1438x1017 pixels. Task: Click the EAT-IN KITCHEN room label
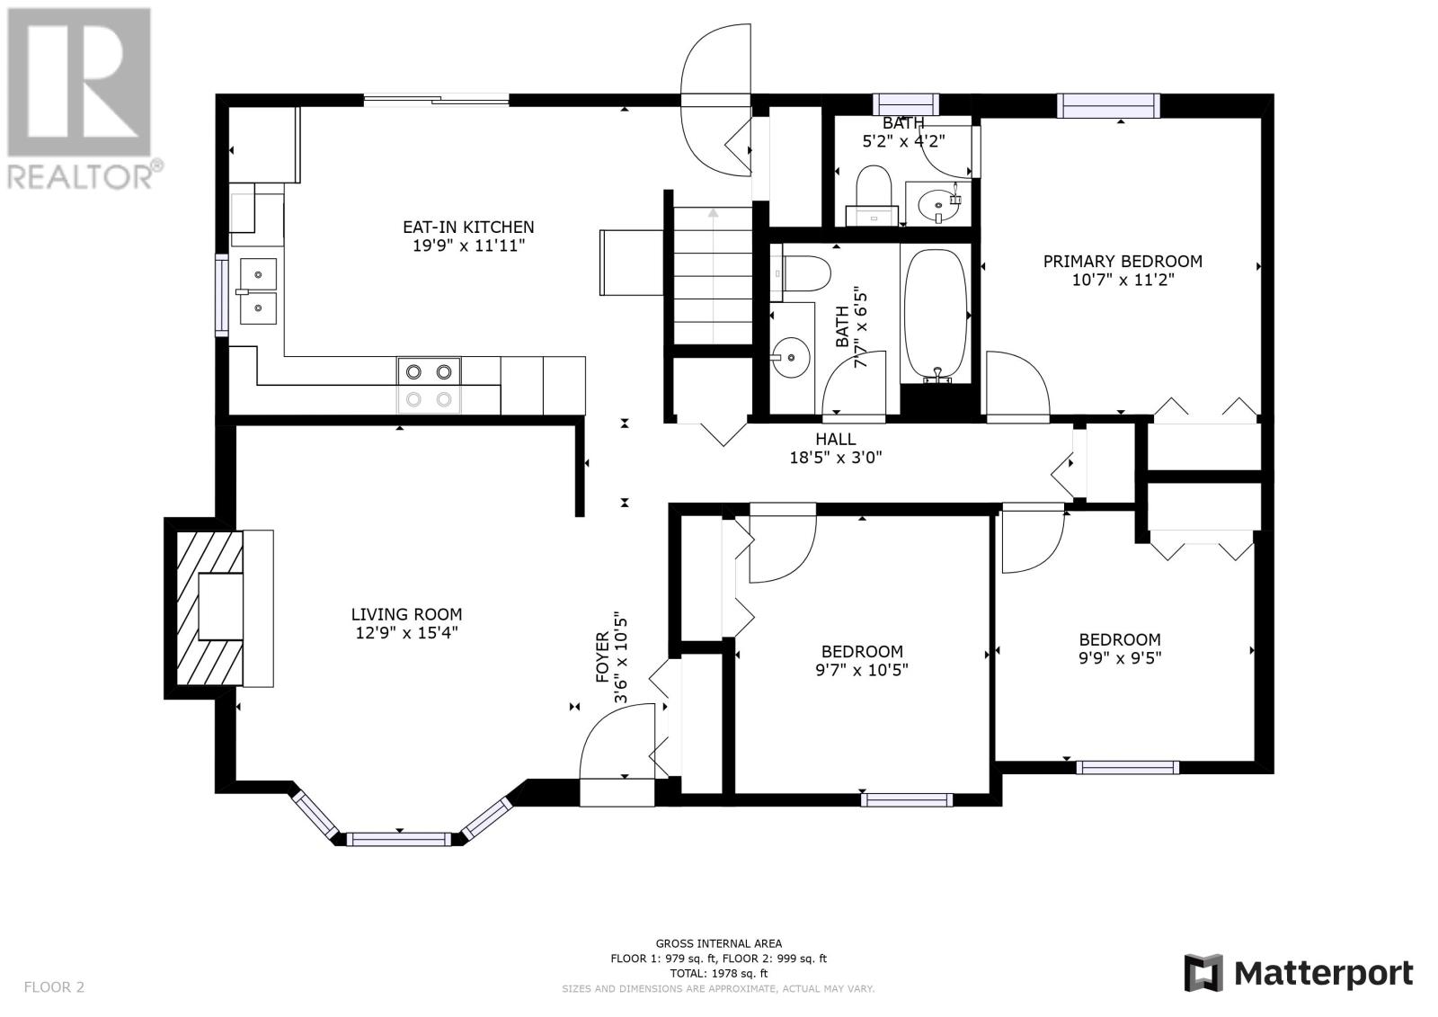click(468, 227)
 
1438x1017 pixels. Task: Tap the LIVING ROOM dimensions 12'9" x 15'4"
click(406, 633)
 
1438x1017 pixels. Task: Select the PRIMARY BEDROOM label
click(1123, 262)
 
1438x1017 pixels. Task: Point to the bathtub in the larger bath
click(936, 316)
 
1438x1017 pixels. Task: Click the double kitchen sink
click(258, 291)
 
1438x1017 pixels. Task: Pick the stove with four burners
click(429, 386)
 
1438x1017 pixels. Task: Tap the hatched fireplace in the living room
click(210, 608)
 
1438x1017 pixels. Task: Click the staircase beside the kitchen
click(712, 275)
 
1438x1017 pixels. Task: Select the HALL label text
click(835, 440)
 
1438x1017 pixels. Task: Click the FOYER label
click(602, 656)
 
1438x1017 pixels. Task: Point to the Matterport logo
click(1298, 974)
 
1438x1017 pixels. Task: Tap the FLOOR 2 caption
click(54, 986)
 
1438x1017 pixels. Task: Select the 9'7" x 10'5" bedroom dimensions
click(862, 670)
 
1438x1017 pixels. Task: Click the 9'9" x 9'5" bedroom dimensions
click(1120, 658)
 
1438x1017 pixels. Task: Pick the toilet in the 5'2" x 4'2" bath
click(873, 195)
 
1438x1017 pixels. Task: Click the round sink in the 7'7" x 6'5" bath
click(791, 357)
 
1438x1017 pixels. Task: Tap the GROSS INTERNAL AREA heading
click(718, 944)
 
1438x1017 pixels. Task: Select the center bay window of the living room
click(399, 839)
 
